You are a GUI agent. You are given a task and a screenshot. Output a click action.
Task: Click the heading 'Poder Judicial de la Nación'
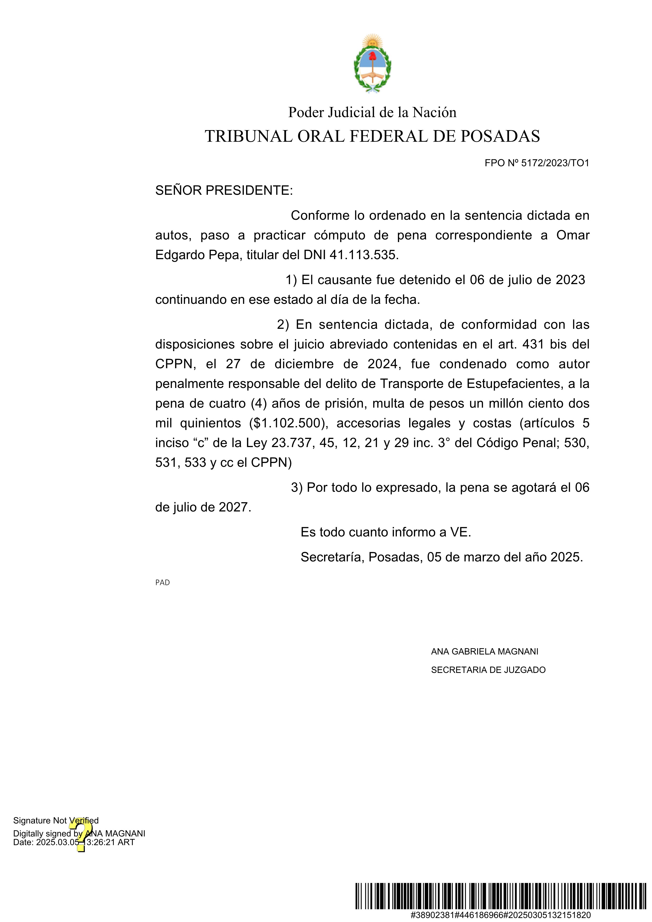[372, 112]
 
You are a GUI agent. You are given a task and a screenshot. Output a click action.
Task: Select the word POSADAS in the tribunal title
[500, 136]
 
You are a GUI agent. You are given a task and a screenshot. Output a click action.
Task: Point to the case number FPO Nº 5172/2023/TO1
[537, 163]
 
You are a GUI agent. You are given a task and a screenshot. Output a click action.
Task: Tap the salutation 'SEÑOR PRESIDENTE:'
[224, 190]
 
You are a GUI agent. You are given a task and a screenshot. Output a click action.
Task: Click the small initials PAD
[162, 582]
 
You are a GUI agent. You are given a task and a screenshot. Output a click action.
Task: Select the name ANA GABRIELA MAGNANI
[485, 651]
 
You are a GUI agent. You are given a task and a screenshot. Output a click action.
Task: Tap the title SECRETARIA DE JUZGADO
[488, 670]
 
